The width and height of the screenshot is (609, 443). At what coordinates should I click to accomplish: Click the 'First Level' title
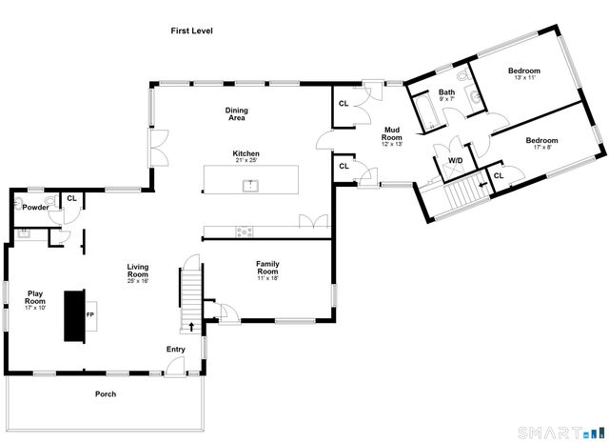(191, 31)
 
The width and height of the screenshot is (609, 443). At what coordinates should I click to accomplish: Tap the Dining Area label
(236, 114)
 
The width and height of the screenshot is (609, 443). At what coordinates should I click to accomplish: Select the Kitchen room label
(246, 154)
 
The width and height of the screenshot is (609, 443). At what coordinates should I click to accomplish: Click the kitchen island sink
(252, 185)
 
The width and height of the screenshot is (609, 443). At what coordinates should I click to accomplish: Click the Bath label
(446, 93)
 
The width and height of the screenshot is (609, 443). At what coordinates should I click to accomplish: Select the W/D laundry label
(455, 161)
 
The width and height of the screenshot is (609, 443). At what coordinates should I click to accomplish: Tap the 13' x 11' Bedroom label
(523, 72)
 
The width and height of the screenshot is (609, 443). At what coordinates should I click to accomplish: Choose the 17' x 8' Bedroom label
(541, 142)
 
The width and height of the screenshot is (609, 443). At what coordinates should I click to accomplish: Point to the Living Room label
(139, 272)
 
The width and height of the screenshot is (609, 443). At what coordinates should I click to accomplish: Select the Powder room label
(35, 207)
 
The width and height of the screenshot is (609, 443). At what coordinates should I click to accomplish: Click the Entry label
(176, 350)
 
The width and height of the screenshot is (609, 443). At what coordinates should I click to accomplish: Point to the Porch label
(105, 394)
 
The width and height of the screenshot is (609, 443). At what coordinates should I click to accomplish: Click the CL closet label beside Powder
(71, 199)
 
